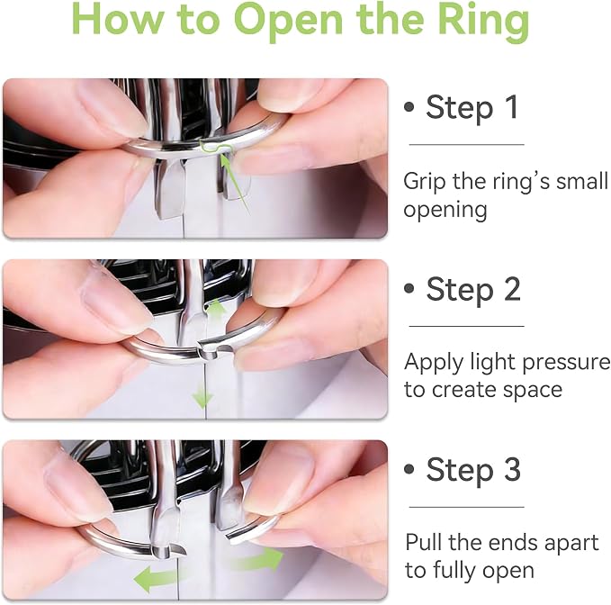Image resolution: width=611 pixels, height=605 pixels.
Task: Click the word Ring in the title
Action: pyautogui.click(x=483, y=22)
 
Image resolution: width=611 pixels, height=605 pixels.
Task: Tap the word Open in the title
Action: pyautogui.click(x=288, y=23)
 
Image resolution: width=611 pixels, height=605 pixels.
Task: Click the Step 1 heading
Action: pyautogui.click(x=472, y=107)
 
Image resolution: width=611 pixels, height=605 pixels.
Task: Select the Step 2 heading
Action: pyautogui.click(x=473, y=289)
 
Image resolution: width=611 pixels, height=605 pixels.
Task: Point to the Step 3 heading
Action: pyautogui.click(x=473, y=469)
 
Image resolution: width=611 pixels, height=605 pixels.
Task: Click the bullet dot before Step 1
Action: pyautogui.click(x=409, y=107)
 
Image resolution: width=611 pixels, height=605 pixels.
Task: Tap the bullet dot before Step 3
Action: pyautogui.click(x=409, y=469)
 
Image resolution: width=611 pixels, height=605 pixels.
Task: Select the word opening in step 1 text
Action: pyautogui.click(x=445, y=211)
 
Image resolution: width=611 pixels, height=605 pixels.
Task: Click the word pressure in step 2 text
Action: pyautogui.click(x=566, y=363)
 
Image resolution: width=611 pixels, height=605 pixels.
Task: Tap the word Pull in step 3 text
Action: pyautogui.click(x=424, y=542)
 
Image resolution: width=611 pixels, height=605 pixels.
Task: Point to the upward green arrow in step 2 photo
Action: pyautogui.click(x=216, y=310)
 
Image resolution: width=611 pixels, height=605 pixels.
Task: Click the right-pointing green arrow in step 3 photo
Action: pyautogui.click(x=257, y=560)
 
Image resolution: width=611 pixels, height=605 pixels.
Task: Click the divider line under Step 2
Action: pyautogui.click(x=466, y=326)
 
